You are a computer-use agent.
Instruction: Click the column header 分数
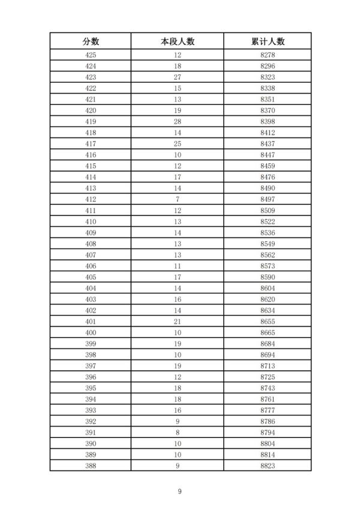[x=91, y=41]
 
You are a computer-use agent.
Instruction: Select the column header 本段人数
[x=178, y=41]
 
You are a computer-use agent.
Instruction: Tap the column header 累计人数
[x=268, y=41]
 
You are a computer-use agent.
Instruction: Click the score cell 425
[x=91, y=55]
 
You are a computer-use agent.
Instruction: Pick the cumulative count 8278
[x=268, y=55]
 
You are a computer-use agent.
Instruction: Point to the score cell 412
[x=91, y=199]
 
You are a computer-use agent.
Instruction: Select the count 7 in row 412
[x=178, y=199]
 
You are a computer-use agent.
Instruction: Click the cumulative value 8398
[x=268, y=122]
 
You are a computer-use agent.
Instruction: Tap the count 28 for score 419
[x=178, y=122]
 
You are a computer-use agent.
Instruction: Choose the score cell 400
[x=91, y=333]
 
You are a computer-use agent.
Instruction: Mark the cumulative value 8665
[x=268, y=333]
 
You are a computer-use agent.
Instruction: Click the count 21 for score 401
[x=178, y=322]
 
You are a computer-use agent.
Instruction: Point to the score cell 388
[x=91, y=465]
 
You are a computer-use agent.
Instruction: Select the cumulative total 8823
[x=268, y=465]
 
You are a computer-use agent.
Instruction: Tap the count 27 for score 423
[x=178, y=77]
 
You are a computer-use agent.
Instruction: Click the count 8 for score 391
[x=178, y=432]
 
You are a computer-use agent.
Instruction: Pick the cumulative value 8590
[x=268, y=277]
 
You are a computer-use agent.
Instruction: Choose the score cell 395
[x=91, y=388]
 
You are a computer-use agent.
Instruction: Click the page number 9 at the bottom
[x=179, y=492]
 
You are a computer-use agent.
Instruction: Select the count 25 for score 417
[x=178, y=144]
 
